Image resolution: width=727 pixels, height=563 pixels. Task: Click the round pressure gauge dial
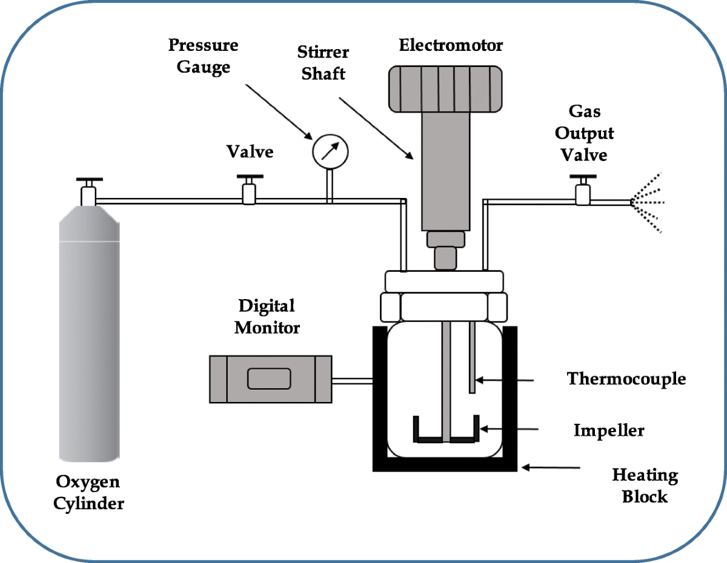click(x=330, y=150)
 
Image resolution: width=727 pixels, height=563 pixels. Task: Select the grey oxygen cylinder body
click(x=88, y=339)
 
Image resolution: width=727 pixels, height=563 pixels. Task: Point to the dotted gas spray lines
click(x=648, y=202)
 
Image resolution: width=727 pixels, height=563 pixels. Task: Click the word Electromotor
click(x=451, y=45)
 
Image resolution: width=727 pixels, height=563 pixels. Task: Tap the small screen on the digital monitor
click(x=270, y=379)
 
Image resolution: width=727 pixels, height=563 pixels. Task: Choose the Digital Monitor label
click(x=267, y=317)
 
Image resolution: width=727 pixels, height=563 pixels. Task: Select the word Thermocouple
click(x=626, y=379)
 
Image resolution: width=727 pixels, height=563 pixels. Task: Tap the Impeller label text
click(x=609, y=431)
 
